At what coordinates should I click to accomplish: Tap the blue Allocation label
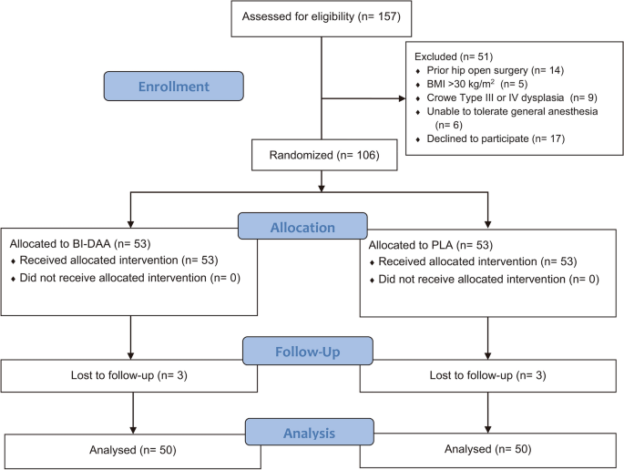click(304, 228)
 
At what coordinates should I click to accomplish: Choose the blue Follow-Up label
click(308, 352)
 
